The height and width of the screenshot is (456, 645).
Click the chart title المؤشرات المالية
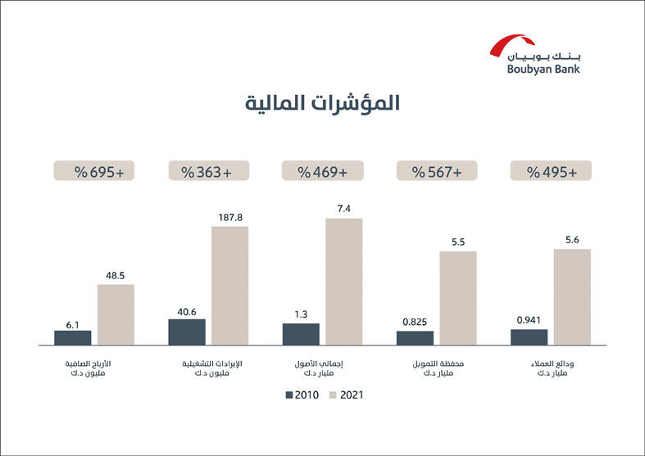[x=323, y=104]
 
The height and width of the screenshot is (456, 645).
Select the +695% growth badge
[x=93, y=172]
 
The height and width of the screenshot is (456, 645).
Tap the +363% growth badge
[x=207, y=172]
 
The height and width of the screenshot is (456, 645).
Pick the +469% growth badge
[x=322, y=172]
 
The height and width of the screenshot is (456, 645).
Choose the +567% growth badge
[x=437, y=172]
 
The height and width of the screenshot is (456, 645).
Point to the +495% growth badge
[x=551, y=172]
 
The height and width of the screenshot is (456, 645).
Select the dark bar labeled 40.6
[x=187, y=332]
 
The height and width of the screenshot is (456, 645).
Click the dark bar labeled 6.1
[x=73, y=337]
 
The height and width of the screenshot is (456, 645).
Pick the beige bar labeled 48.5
[x=116, y=314]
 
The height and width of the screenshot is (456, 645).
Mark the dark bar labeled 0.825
[x=415, y=337]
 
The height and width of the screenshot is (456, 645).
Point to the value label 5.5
[x=458, y=242]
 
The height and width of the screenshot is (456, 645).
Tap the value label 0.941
[x=529, y=320]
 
